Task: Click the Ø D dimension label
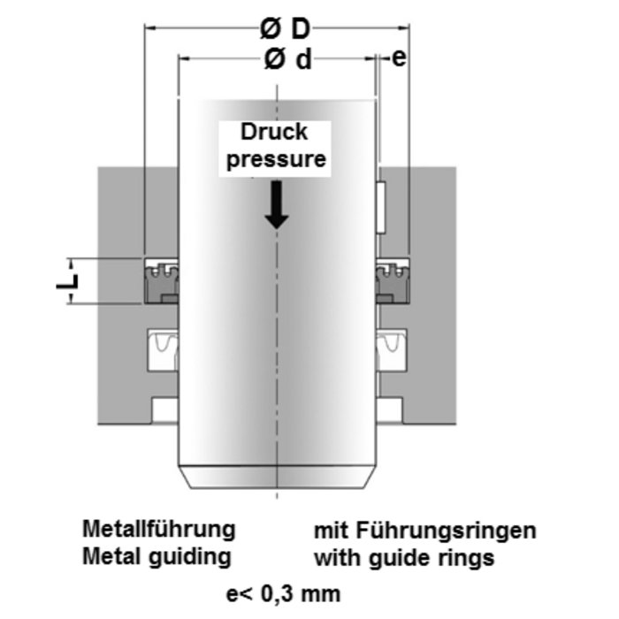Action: [x=285, y=29]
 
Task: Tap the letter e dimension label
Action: [x=398, y=58]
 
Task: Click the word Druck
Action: [x=276, y=133]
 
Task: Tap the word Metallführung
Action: [x=159, y=530]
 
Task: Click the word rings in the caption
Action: [x=468, y=558]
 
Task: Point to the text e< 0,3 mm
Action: [x=283, y=592]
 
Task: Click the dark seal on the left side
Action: [x=160, y=281]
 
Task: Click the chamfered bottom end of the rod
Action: [x=277, y=478]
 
